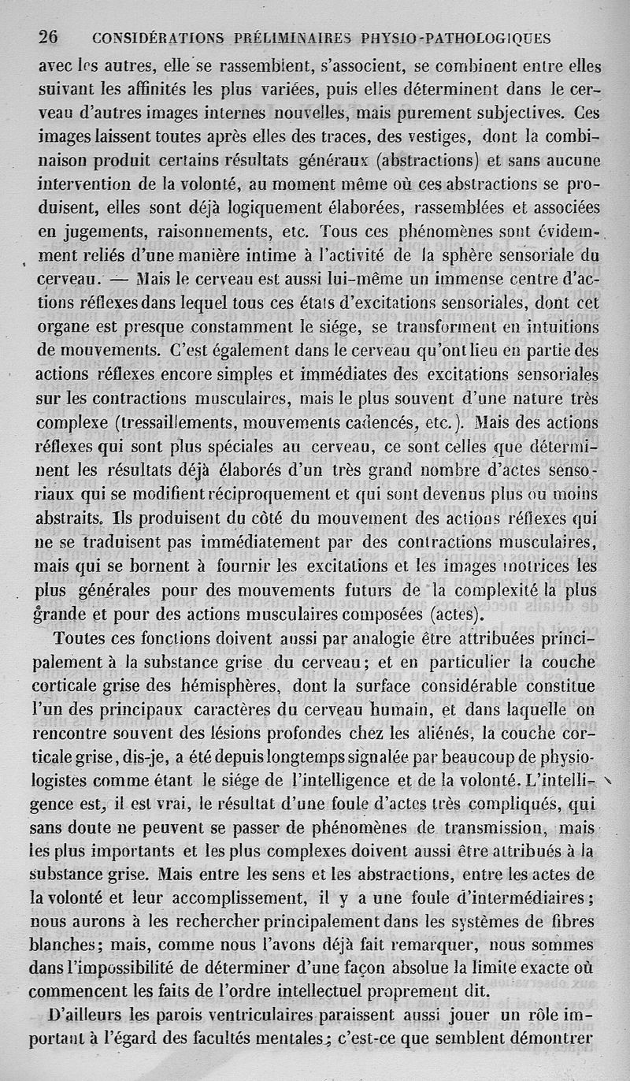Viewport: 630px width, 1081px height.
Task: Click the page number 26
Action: point(50,37)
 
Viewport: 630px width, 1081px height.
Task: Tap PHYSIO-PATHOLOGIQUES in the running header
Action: point(455,38)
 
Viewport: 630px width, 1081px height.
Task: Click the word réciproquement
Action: point(287,494)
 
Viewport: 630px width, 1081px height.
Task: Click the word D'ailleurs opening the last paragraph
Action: point(88,1016)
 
